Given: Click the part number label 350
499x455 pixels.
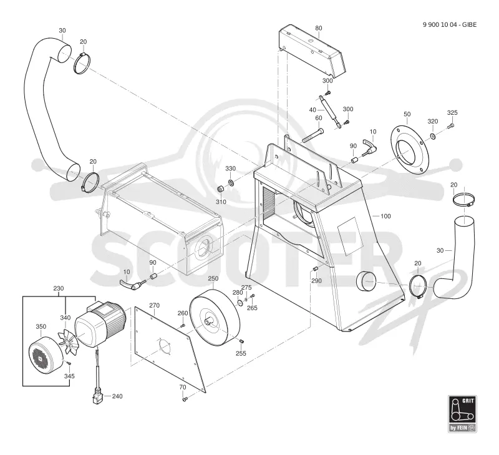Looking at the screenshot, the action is tap(41, 326).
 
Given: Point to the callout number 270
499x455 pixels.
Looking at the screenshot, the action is tap(154, 305).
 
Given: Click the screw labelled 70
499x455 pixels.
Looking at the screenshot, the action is tap(183, 399).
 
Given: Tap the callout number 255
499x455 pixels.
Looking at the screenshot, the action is tap(241, 353).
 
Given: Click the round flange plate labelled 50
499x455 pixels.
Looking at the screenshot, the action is tap(410, 150).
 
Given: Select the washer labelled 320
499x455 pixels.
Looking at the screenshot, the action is tap(433, 137).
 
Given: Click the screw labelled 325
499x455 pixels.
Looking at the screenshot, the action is tap(450, 126).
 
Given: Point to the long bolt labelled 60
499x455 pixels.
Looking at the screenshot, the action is tap(312, 135).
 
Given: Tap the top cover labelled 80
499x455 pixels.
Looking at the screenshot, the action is tap(312, 52).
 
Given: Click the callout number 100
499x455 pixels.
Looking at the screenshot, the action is tap(385, 216).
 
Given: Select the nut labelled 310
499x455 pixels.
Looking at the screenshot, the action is tap(220, 190).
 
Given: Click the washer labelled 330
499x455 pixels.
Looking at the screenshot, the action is tap(230, 182).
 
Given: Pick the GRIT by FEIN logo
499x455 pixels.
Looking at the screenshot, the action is tap(462, 414).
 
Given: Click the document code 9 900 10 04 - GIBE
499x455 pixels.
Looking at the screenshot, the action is tap(450, 24).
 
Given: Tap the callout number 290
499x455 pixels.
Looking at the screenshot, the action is tap(316, 281).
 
